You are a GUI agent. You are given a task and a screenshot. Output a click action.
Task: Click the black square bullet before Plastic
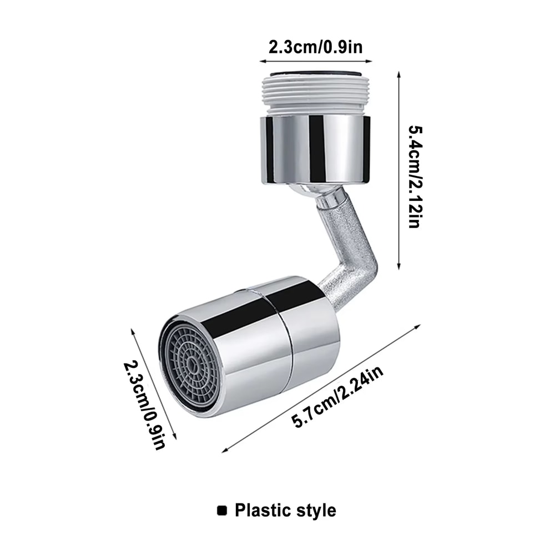coord(223,509)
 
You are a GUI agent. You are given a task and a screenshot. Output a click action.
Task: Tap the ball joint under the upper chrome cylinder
coord(314,192)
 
